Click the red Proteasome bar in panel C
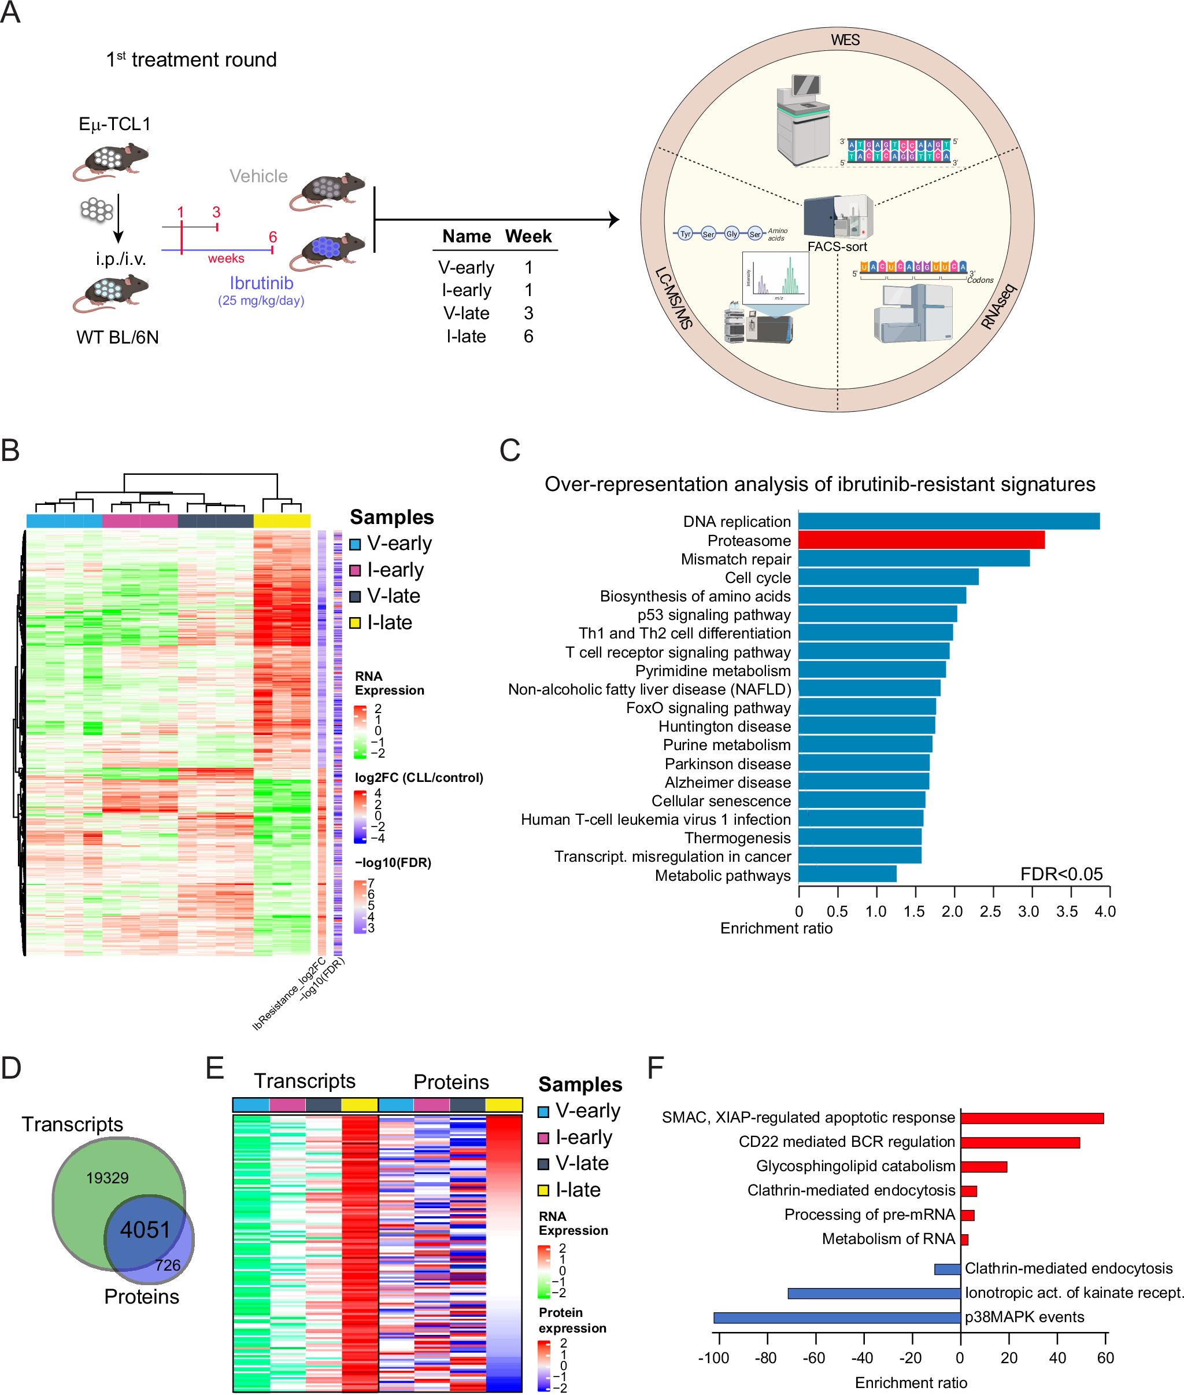[920, 540]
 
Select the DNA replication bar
[948, 521]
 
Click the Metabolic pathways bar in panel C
[846, 873]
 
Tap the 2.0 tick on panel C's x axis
[952, 911]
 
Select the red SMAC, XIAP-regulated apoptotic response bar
[1031, 1118]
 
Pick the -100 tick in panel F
[713, 1357]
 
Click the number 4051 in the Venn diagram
[145, 1229]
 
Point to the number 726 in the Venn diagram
[167, 1265]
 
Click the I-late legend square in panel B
[355, 623]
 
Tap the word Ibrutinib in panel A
[261, 283]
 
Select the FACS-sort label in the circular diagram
[837, 246]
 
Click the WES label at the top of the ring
[845, 40]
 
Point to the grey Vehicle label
[258, 176]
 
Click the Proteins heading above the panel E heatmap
[450, 1082]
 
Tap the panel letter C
[509, 451]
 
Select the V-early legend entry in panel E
[581, 1110]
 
